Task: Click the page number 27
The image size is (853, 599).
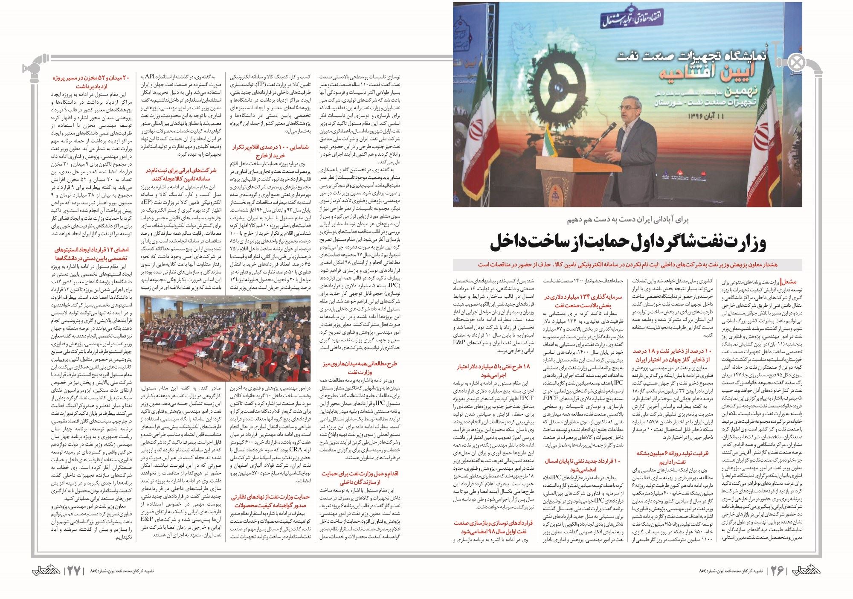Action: click(x=74, y=571)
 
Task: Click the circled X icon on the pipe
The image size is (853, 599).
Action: click(x=796, y=63)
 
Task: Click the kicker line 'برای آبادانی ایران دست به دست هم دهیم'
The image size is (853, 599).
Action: click(x=627, y=220)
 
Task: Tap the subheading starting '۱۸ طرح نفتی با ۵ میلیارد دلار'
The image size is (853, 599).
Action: click(x=493, y=370)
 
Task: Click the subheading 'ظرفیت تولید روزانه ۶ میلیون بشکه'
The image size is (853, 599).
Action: click(x=672, y=457)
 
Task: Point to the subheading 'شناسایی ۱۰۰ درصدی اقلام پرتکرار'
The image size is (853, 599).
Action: click(x=270, y=151)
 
